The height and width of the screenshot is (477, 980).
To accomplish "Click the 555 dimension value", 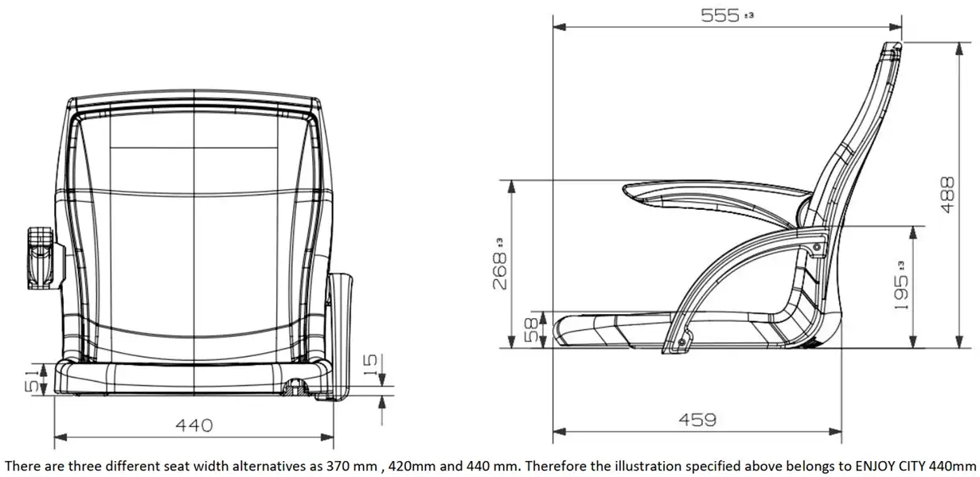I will click(x=719, y=15).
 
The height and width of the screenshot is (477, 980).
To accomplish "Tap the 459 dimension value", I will click(x=697, y=419).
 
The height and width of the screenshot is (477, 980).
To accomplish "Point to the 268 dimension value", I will click(x=499, y=270).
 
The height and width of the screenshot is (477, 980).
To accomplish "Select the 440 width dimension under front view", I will click(x=193, y=425).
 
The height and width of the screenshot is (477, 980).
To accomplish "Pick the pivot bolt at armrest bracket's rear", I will click(x=818, y=250).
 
